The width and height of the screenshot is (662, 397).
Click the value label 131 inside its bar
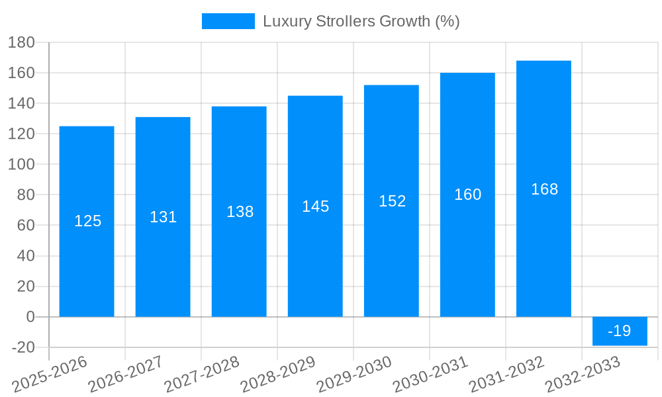click(163, 217)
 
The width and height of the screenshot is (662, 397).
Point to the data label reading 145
click(315, 206)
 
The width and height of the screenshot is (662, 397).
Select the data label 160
click(467, 195)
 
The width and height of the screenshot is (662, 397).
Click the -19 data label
click(620, 331)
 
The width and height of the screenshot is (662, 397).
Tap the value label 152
click(392, 201)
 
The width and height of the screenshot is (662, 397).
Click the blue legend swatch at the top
click(228, 21)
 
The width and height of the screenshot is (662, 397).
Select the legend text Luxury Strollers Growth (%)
click(361, 21)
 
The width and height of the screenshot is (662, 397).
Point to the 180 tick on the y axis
click(21, 42)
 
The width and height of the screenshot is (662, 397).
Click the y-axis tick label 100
click(21, 164)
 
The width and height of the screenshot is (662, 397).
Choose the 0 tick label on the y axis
click(30, 317)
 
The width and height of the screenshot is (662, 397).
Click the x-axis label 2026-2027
click(126, 375)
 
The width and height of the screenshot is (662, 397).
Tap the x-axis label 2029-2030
click(354, 375)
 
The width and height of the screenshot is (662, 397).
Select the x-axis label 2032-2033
click(583, 375)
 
